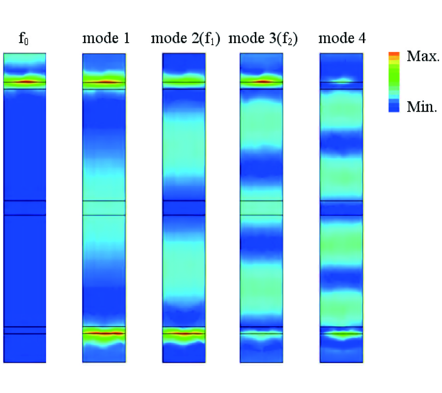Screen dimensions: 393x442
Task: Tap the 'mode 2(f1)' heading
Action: pyautogui.click(x=186, y=38)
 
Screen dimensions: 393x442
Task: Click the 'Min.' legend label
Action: pyautogui.click(x=421, y=107)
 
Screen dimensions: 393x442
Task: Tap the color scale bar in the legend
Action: pyautogui.click(x=394, y=82)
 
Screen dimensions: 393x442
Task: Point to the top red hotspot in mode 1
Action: pyautogui.click(x=104, y=82)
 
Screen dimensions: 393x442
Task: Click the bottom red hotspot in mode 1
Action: pyautogui.click(x=104, y=333)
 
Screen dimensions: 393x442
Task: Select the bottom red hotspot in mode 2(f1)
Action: pyautogui.click(x=184, y=334)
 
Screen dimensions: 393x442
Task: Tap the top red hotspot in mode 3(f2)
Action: pyautogui.click(x=261, y=81)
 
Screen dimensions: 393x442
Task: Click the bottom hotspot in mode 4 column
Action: pyautogui.click(x=341, y=334)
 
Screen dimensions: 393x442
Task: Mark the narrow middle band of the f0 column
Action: pyautogui.click(x=25, y=208)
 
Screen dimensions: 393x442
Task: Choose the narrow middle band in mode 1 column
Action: pyautogui.click(x=104, y=208)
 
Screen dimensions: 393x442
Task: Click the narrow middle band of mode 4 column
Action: pyautogui.click(x=341, y=208)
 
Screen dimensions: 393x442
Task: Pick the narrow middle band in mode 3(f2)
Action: pyautogui.click(x=261, y=208)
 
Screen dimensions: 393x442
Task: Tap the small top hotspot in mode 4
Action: pyautogui.click(x=341, y=82)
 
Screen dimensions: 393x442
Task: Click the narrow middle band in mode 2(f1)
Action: pyautogui.click(x=184, y=208)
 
